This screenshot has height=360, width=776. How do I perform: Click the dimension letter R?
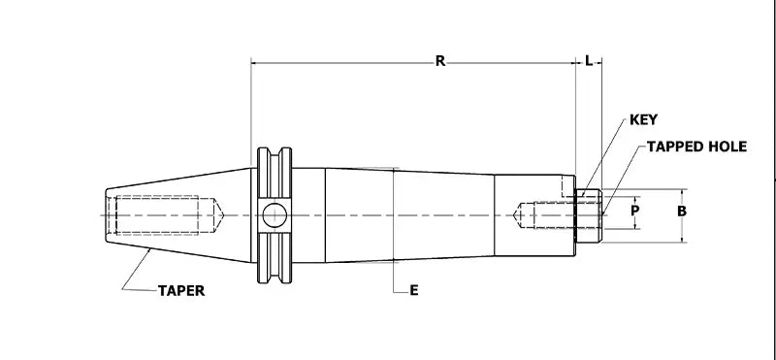tap(439, 61)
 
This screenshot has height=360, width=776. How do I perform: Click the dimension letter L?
tap(589, 61)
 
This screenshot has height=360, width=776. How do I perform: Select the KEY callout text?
tap(644, 120)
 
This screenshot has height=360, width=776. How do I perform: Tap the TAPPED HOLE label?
tap(696, 147)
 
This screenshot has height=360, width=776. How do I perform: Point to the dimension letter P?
tap(635, 210)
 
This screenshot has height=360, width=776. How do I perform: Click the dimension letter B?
tap(682, 210)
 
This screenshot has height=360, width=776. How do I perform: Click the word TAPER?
tap(180, 290)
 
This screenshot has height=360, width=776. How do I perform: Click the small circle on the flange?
tap(274, 213)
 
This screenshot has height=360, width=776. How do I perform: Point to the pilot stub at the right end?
tap(589, 215)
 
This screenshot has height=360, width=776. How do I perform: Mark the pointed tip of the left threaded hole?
tap(224, 213)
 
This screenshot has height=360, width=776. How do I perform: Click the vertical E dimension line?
tap(394, 233)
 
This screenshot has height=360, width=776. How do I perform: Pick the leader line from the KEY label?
tap(603, 155)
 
